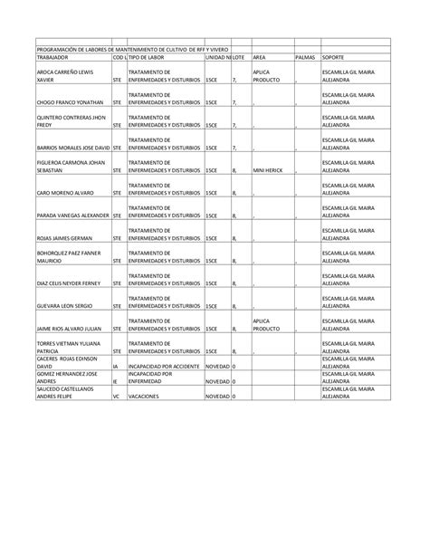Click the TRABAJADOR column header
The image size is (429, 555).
click(x=56, y=57)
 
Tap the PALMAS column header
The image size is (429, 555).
click(x=306, y=57)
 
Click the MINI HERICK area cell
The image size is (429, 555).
click(x=269, y=170)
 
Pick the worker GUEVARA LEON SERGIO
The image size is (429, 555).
click(x=66, y=307)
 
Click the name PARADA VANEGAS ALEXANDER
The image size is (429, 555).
click(x=71, y=216)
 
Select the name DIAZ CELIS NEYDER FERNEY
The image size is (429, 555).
click(x=69, y=284)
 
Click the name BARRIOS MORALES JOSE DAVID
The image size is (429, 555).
click(x=71, y=148)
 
